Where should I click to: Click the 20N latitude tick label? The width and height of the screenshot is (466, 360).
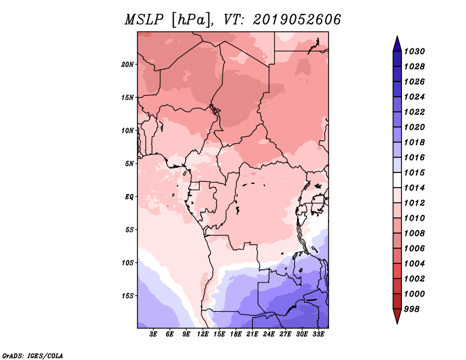click(128, 65)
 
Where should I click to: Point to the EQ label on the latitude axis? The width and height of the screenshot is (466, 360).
click(129, 197)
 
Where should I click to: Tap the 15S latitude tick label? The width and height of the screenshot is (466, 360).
click(128, 296)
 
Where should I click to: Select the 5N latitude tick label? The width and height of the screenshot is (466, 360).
click(129, 164)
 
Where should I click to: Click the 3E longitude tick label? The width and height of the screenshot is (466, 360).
click(153, 334)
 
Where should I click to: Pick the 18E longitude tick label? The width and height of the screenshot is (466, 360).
click(236, 334)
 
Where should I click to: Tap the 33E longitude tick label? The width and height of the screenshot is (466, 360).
click(318, 334)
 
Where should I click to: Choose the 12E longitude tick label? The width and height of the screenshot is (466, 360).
click(203, 334)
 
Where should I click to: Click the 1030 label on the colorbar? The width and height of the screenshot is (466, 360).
click(415, 51)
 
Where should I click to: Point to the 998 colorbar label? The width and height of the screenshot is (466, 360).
click(412, 309)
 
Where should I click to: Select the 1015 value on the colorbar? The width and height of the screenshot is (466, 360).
click(415, 172)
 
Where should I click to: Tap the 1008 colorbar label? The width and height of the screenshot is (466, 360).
click(415, 234)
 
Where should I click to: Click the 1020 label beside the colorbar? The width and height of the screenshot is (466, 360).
click(415, 127)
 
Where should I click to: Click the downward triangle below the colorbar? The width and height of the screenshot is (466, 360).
click(397, 316)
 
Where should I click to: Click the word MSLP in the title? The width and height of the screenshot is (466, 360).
click(144, 20)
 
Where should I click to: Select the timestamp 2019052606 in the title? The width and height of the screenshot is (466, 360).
click(297, 20)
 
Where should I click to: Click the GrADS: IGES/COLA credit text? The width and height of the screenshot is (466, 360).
click(33, 355)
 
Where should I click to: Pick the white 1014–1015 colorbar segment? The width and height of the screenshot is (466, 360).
click(397, 180)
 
